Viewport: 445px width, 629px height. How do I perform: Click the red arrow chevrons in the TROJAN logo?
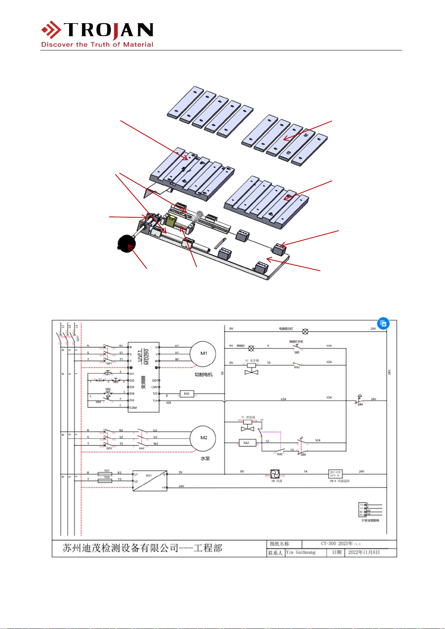52,30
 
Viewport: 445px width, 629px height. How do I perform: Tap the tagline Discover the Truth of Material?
97,44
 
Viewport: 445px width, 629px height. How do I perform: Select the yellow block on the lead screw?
171,221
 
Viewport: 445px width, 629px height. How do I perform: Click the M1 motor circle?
203,353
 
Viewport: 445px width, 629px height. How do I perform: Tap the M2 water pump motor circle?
203,438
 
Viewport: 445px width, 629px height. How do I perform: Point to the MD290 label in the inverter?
147,356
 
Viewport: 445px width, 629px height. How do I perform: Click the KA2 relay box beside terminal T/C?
187,393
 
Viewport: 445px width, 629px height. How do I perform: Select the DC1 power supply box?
150,480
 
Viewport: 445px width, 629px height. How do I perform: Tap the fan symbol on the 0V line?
275,474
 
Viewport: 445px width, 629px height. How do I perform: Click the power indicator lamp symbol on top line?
305,331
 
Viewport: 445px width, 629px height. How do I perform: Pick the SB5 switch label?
297,352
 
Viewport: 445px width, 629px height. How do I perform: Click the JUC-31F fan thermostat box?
335,474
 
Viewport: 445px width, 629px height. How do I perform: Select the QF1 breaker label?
109,363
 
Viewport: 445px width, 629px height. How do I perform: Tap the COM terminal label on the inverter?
133,408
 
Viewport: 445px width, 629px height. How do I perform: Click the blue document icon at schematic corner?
383,323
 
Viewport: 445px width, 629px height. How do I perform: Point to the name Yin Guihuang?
301,552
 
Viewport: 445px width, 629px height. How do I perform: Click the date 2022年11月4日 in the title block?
364,552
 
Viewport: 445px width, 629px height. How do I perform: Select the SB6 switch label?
303,455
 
